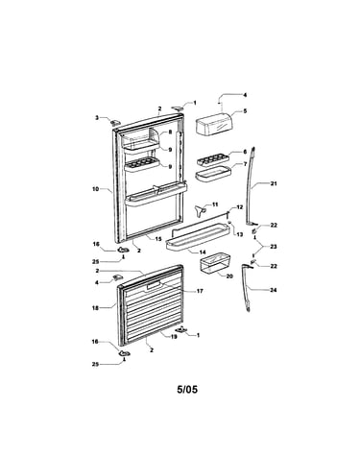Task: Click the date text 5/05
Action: pyautogui.click(x=187, y=389)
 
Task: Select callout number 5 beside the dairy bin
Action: pyautogui.click(x=245, y=111)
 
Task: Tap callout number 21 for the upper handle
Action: pyautogui.click(x=274, y=183)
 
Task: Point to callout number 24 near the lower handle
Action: pyautogui.click(x=274, y=290)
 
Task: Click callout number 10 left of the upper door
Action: pyautogui.click(x=96, y=189)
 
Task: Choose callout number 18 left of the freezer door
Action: pyautogui.click(x=95, y=308)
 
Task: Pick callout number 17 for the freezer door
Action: pyautogui.click(x=200, y=291)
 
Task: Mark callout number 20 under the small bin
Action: pyautogui.click(x=229, y=276)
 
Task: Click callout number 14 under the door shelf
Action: pyautogui.click(x=203, y=252)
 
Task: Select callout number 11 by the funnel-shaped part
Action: pyautogui.click(x=215, y=204)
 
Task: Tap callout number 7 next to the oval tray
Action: pyautogui.click(x=246, y=164)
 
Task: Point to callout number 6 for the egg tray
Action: pyautogui.click(x=245, y=152)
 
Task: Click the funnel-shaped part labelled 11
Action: pyautogui.click(x=200, y=210)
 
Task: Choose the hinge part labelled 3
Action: pyautogui.click(x=115, y=122)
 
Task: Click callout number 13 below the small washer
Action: pyautogui.click(x=240, y=234)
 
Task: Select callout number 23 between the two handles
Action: pyautogui.click(x=274, y=247)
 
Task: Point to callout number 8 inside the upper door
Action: pyautogui.click(x=170, y=132)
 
